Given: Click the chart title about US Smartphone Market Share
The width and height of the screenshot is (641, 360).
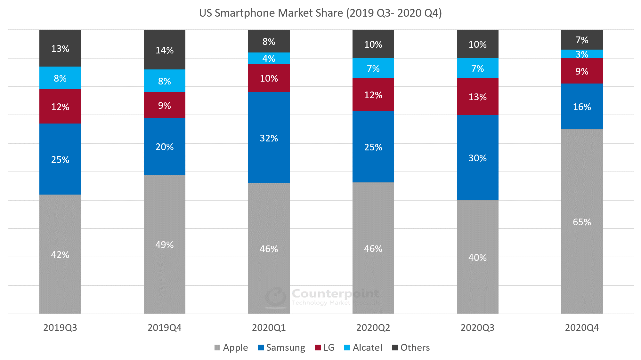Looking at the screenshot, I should (x=320, y=13).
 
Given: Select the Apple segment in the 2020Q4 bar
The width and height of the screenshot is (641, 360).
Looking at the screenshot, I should (x=582, y=221).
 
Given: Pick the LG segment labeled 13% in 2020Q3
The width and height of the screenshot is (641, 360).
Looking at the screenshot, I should (x=477, y=96).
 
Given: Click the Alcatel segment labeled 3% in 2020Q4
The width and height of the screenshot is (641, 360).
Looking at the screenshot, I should (x=582, y=54).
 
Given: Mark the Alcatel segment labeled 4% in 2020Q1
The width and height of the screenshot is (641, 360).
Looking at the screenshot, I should (x=269, y=58).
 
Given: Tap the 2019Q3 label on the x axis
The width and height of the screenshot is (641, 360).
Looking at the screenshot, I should (x=60, y=328).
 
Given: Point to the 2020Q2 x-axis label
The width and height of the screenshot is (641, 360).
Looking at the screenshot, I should (x=373, y=328).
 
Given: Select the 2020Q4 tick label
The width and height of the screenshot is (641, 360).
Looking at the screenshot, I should (x=582, y=328).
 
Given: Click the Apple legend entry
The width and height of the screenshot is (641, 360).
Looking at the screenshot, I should (x=231, y=348).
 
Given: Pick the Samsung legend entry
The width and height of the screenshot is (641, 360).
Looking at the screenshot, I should (x=281, y=348).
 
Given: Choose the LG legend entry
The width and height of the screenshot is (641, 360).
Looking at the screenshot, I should (x=325, y=348).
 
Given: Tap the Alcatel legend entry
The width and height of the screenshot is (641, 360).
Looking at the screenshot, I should (x=363, y=348).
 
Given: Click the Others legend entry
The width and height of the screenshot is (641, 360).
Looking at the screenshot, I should (x=411, y=348).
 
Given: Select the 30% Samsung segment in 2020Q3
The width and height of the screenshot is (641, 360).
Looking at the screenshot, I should (x=477, y=157).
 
